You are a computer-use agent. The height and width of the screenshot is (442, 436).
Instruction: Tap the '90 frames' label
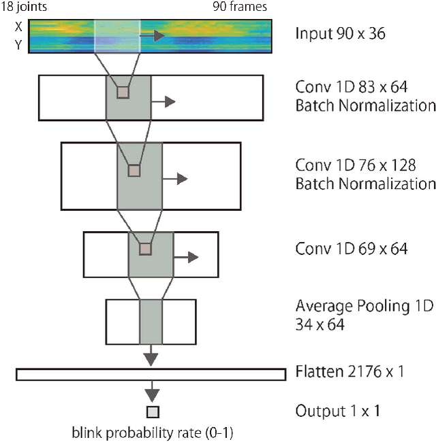click(240, 7)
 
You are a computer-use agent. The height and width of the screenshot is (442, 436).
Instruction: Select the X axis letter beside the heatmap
click(18, 28)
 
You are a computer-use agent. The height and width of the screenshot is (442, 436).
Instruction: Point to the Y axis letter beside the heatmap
click(18, 46)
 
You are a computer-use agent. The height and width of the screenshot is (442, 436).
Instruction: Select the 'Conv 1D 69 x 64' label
click(352, 249)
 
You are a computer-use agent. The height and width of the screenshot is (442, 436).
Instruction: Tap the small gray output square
click(153, 411)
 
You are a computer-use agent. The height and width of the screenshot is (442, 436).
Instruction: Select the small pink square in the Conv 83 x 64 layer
click(123, 92)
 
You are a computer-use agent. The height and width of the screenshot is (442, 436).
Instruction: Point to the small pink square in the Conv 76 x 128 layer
click(134, 170)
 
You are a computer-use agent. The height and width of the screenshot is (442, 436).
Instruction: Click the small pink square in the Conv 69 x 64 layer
click(144, 249)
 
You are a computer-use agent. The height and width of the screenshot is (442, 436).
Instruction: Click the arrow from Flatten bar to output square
click(153, 393)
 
